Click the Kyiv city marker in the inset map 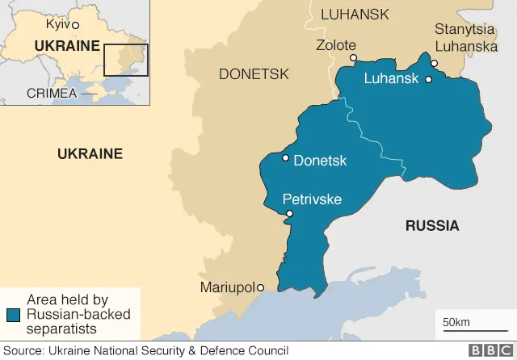click(x=76, y=26)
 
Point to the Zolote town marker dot click(x=353, y=58)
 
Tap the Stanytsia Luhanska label click(x=466, y=38)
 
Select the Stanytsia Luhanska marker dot click(x=435, y=64)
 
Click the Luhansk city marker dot click(x=428, y=79)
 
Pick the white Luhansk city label click(x=392, y=79)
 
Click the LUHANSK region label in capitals click(x=355, y=15)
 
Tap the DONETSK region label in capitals click(x=254, y=74)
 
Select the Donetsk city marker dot click(x=285, y=158)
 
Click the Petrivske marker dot click(x=290, y=213)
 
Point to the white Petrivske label click(x=312, y=199)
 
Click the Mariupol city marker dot click(x=261, y=287)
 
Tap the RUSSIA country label click(x=432, y=226)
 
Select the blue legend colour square click(x=14, y=315)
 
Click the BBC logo click(x=487, y=350)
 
